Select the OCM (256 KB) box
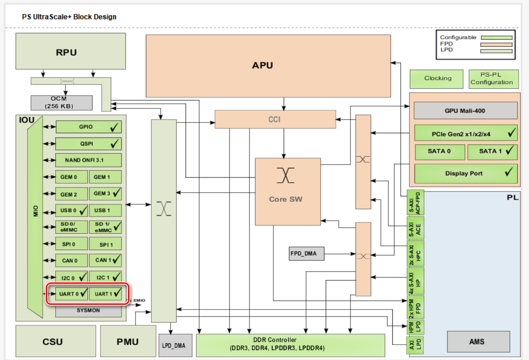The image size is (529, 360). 61,102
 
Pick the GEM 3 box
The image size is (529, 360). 105,194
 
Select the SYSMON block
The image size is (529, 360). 88,310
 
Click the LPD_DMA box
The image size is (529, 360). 173,346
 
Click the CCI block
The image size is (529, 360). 275,119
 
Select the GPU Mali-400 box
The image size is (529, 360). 465,111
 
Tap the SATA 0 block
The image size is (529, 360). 439,151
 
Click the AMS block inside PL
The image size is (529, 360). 478,342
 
